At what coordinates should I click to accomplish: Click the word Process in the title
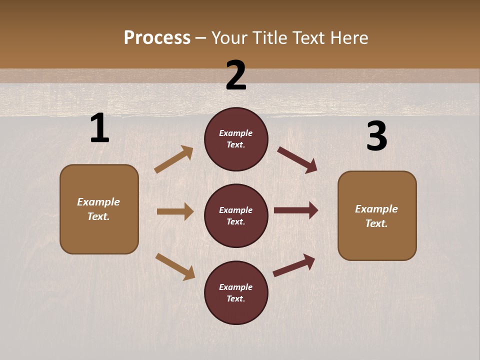pyautogui.click(x=157, y=37)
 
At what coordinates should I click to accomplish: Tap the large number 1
pyautogui.click(x=99, y=128)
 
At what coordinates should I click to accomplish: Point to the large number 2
pyautogui.click(x=236, y=75)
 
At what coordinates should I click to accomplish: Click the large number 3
pyautogui.click(x=376, y=137)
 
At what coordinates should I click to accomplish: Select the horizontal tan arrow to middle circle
pyautogui.click(x=175, y=211)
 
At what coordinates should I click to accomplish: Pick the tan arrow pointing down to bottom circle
pyautogui.click(x=175, y=266)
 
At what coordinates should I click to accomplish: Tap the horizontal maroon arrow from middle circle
pyautogui.click(x=296, y=210)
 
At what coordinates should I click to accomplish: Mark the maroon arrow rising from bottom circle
pyautogui.click(x=294, y=265)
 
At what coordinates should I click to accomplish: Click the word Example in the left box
pyautogui.click(x=98, y=202)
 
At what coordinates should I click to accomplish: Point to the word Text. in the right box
pyautogui.click(x=376, y=223)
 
